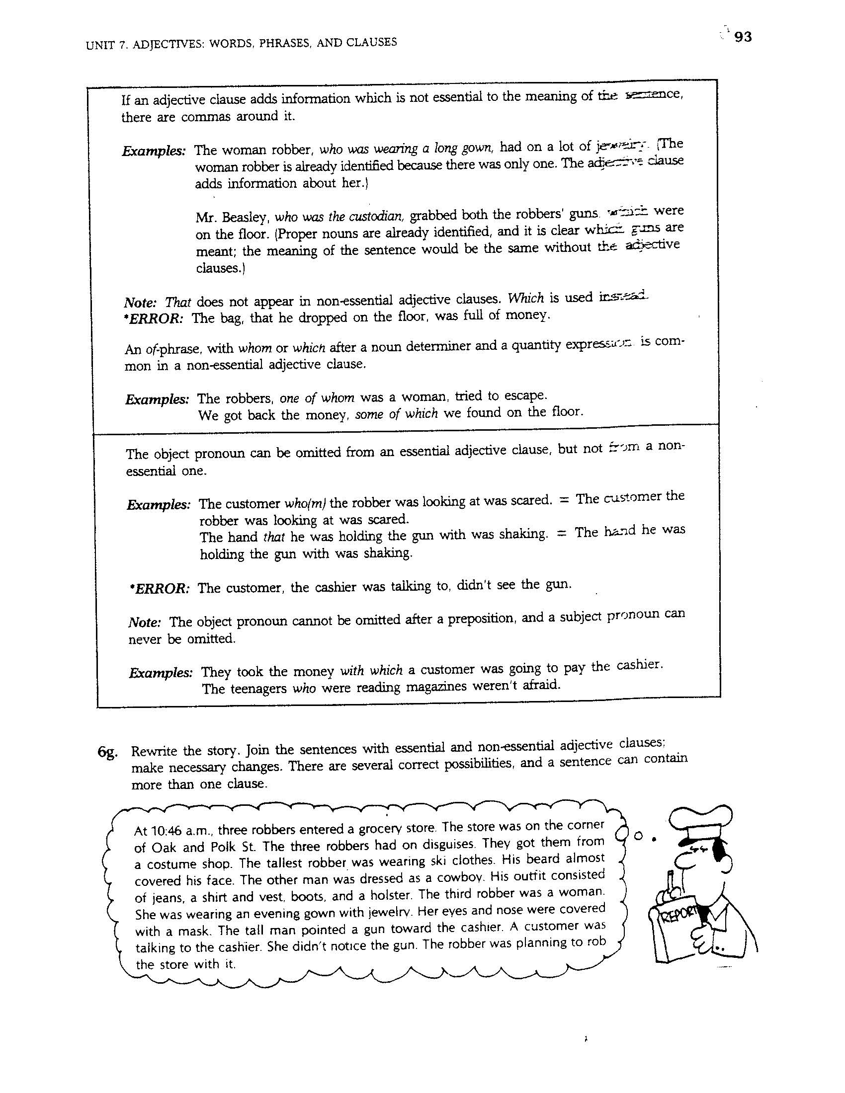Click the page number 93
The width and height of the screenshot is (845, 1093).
tap(743, 37)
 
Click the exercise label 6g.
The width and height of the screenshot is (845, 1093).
tap(108, 754)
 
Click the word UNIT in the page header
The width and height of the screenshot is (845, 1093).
tap(97, 46)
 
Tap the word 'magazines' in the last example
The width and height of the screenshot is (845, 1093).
tap(436, 686)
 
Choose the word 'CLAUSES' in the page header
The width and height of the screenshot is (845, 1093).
tap(368, 43)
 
